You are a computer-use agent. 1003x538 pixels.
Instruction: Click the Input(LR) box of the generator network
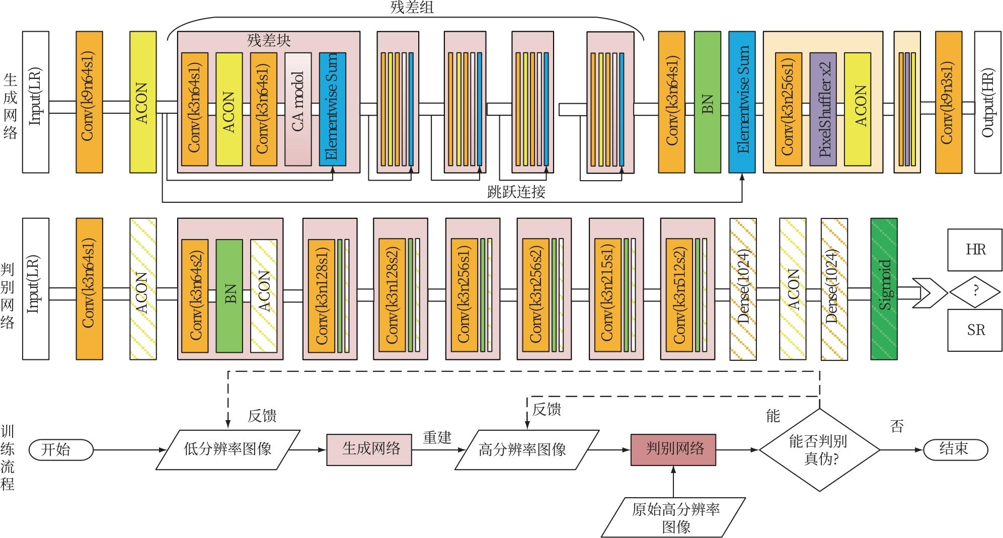(x=36, y=102)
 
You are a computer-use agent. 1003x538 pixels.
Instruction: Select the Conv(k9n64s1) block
(x=89, y=102)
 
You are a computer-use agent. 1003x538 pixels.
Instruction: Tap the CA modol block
(x=298, y=109)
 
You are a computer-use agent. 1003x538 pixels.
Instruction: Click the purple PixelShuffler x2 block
(x=823, y=109)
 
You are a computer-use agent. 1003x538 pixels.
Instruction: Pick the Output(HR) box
(x=987, y=102)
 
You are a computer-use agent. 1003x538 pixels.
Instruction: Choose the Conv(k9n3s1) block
(x=948, y=102)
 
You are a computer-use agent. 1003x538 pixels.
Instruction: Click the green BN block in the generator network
(x=707, y=102)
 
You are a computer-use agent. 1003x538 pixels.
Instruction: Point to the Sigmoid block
(x=884, y=289)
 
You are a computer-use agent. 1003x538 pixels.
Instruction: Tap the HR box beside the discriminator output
(x=975, y=250)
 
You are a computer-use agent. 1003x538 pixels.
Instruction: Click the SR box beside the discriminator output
(x=975, y=330)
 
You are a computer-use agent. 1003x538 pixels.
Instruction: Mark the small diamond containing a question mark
(x=975, y=290)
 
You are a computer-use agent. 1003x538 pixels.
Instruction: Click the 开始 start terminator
(x=61, y=449)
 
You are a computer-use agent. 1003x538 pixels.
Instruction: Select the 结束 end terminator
(x=955, y=449)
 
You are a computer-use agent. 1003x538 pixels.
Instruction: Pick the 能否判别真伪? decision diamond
(x=819, y=449)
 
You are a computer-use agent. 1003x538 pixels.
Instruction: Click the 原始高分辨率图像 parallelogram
(x=674, y=517)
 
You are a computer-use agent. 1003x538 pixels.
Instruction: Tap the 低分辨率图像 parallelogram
(x=227, y=449)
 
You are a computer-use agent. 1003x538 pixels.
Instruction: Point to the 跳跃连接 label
(x=516, y=192)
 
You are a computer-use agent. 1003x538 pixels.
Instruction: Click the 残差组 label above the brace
(x=412, y=8)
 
